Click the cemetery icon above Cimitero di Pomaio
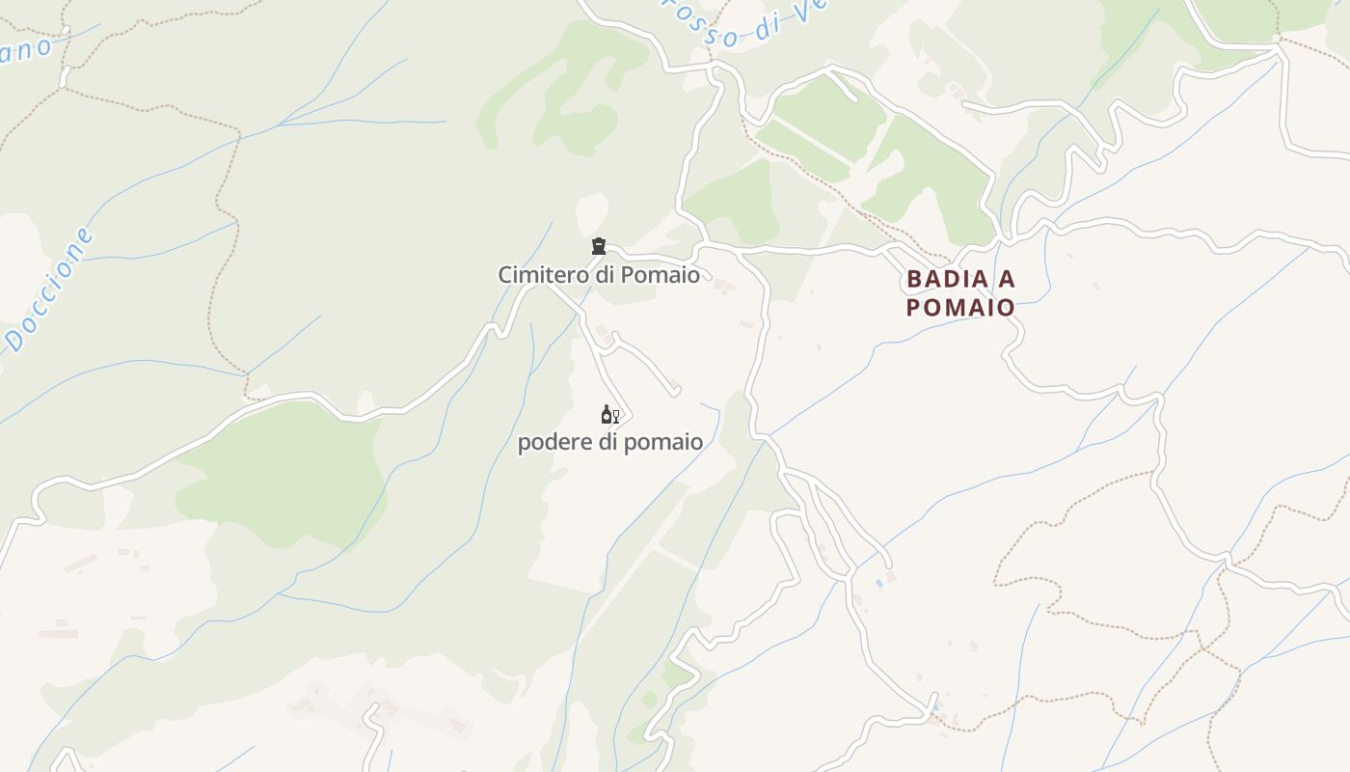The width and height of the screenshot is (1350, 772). [x=599, y=246]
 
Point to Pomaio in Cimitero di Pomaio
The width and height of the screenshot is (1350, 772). [x=661, y=275]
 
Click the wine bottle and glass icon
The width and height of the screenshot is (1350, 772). [x=609, y=415]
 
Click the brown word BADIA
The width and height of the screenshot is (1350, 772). [x=948, y=280]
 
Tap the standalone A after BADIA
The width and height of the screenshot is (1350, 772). [x=1007, y=280]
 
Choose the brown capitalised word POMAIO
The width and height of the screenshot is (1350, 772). [x=960, y=308]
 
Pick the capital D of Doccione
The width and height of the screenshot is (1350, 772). [x=14, y=339]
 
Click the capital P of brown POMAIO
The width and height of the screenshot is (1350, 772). [x=914, y=308]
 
